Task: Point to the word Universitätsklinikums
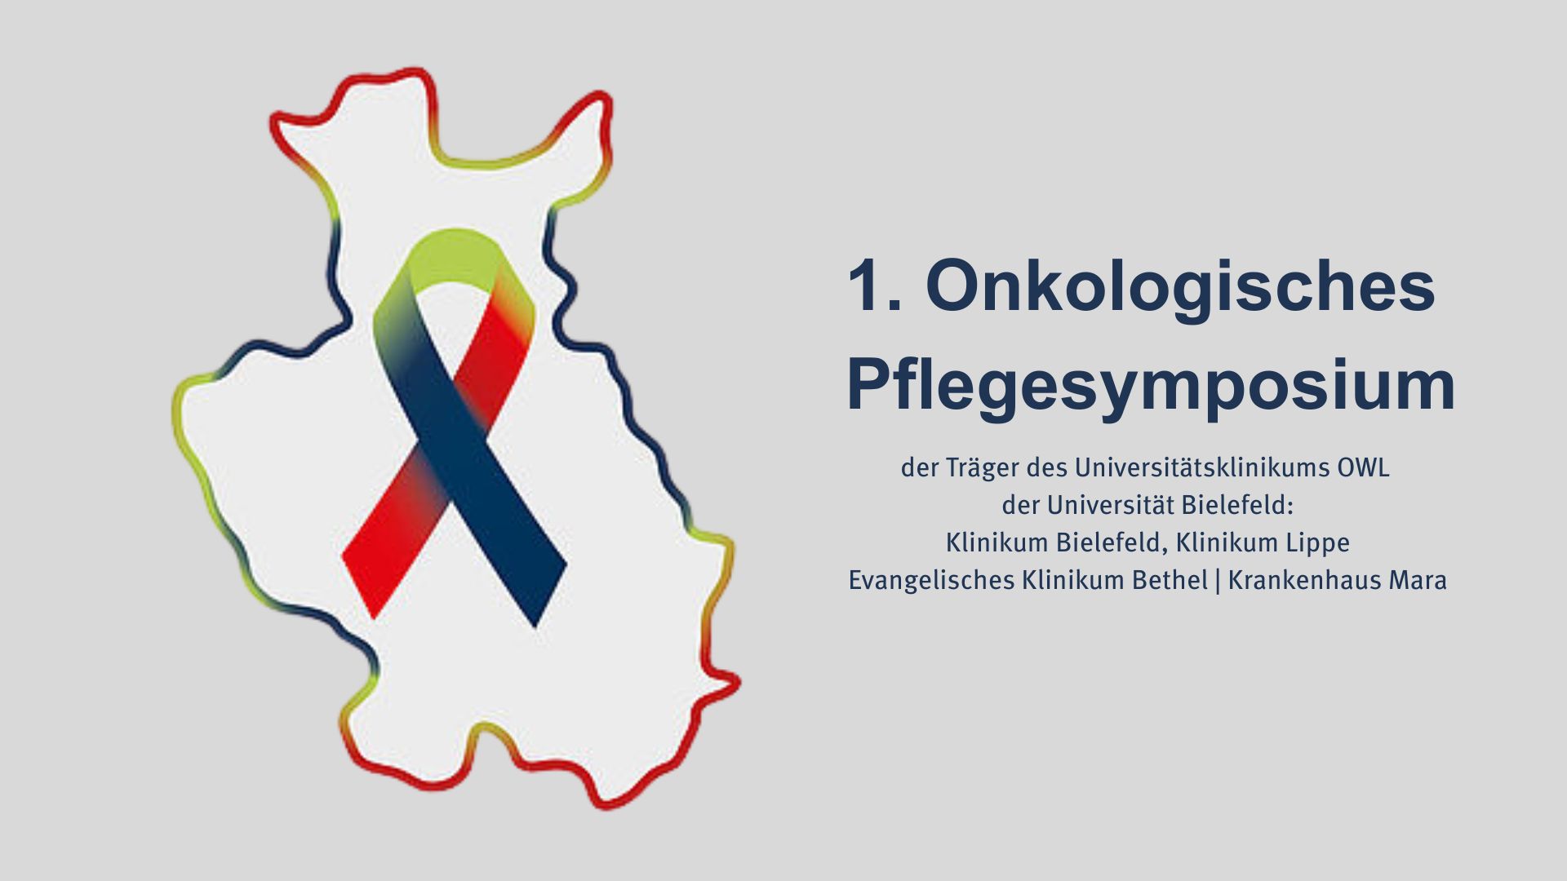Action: (1201, 467)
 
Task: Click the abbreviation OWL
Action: (1363, 468)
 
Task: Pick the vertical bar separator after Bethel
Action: (1218, 581)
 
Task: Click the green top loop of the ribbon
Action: (454, 255)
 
